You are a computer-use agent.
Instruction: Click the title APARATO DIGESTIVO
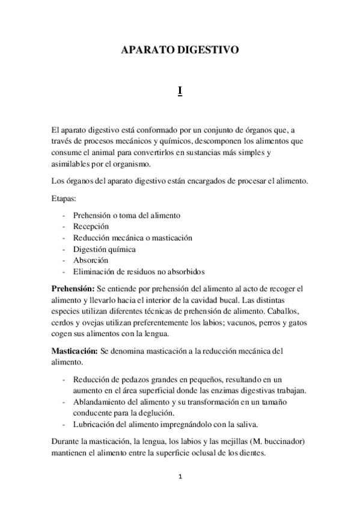pos(180,52)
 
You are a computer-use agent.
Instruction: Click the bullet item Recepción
pos(91,226)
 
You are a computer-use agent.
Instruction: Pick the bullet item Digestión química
pos(104,248)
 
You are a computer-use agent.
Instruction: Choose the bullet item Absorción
pos(91,260)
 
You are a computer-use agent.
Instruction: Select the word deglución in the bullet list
pos(153,413)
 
